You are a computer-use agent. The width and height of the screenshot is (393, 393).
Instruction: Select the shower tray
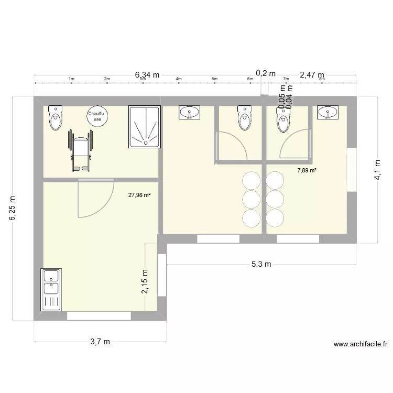point(144,127)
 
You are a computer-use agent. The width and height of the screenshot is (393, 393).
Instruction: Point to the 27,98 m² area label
point(139,195)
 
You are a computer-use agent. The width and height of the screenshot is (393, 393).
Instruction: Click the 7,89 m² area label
point(307,170)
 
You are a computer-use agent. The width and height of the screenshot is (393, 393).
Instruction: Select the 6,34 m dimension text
point(147,75)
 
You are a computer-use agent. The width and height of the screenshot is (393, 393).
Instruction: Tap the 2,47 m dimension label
point(312,75)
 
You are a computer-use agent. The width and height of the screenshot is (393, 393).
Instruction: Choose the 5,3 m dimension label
point(260,264)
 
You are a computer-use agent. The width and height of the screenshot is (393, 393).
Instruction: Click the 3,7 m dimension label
point(101,342)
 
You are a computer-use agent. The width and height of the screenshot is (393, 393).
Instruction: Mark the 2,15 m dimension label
point(146,282)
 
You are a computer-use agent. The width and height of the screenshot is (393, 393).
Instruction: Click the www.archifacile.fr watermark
point(360,344)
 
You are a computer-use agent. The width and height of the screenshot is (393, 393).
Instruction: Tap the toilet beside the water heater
point(55,118)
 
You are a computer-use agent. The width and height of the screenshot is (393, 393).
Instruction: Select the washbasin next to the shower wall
point(189,112)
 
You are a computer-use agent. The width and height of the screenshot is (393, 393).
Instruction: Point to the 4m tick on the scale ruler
point(178,79)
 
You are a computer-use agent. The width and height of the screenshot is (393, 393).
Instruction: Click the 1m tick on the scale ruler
point(71,79)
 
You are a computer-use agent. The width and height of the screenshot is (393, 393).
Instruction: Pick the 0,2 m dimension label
point(266,73)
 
